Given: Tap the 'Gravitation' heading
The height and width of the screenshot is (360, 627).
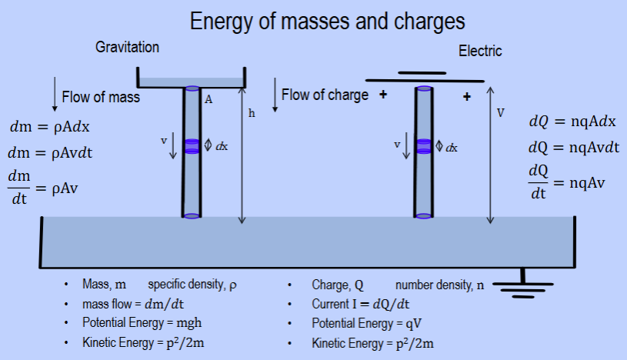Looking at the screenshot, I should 127,48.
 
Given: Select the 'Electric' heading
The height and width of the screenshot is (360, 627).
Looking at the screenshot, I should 480,52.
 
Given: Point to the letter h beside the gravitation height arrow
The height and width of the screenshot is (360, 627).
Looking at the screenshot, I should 252,113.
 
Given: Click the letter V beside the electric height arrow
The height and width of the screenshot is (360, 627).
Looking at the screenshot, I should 501,113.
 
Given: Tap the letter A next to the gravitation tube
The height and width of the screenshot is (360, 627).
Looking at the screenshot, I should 208,98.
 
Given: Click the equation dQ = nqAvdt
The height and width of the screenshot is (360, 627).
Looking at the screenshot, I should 574,148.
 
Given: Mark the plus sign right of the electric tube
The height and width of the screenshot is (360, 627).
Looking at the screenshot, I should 466,97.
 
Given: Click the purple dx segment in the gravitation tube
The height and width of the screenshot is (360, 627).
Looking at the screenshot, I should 192,145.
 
